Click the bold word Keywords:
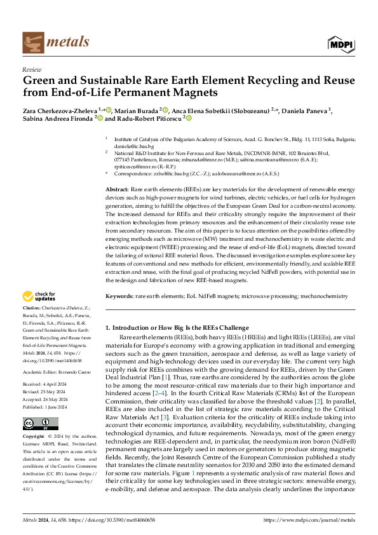coord(119,296)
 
